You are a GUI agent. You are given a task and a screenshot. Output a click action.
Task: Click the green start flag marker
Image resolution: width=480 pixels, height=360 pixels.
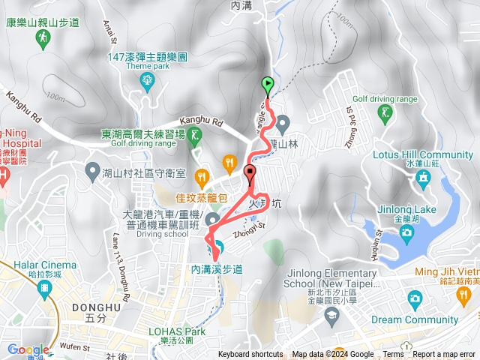267,84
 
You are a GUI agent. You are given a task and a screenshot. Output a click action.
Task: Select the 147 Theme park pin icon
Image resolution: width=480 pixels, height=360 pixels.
148,79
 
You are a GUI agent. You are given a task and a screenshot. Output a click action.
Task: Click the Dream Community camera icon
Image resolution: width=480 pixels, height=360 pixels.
415,299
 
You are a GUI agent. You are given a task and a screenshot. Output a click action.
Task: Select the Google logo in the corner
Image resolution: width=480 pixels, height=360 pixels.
28,349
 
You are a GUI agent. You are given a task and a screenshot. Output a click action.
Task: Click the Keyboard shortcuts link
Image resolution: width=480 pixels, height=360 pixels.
250,355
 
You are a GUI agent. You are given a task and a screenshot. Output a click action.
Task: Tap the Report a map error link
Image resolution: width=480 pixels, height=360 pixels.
444,355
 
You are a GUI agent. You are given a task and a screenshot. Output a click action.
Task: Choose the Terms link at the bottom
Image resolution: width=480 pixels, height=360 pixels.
393,355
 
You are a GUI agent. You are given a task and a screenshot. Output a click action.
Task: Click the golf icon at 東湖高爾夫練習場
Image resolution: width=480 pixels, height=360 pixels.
195,135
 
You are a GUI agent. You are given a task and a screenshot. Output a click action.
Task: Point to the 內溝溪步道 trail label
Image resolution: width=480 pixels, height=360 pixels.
217,268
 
